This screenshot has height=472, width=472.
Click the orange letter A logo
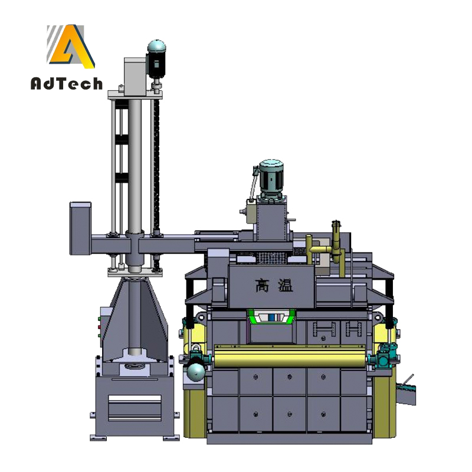(71, 47)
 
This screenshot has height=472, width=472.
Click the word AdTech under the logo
(67, 84)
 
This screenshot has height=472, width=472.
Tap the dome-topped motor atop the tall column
(156, 60)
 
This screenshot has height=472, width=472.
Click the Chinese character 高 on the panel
(262, 285)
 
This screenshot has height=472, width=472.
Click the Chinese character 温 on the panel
(286, 285)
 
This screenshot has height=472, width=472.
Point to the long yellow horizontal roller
(290, 356)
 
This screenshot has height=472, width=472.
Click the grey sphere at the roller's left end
(195, 372)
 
